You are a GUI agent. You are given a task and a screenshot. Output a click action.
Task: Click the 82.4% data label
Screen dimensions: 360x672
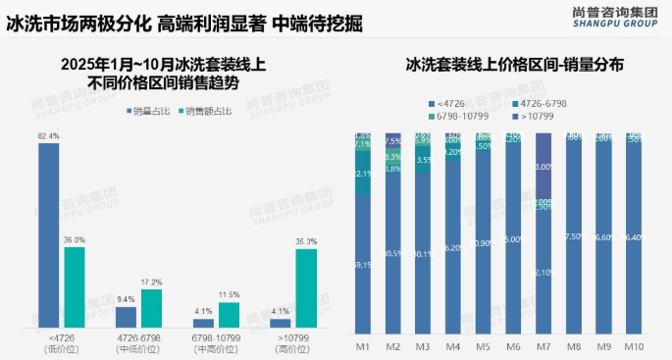point(48,135)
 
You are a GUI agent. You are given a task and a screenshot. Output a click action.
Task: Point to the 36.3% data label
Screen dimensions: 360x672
point(305,241)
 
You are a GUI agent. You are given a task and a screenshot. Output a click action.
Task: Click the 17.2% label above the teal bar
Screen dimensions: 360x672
point(151,283)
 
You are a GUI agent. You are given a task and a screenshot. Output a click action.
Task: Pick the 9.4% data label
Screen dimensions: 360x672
point(126,299)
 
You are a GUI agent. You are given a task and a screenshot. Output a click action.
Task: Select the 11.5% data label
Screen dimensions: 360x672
point(229,295)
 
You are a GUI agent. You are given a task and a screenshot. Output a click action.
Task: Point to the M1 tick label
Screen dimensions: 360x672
point(362,346)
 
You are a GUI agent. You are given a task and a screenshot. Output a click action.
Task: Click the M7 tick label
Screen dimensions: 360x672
point(544,346)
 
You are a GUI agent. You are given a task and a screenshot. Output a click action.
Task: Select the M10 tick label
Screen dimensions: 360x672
point(636,346)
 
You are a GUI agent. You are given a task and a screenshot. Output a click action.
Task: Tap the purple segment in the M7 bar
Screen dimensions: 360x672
point(544,167)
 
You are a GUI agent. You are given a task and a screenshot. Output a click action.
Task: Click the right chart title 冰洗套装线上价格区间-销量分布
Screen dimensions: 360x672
point(515,67)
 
